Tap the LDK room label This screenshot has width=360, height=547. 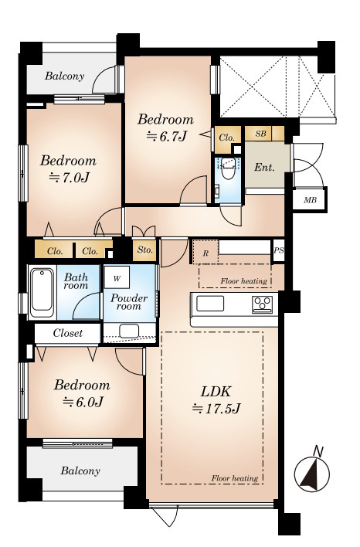(216, 392)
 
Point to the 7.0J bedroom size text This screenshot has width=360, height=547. (69, 178)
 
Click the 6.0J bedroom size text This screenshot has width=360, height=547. (83, 403)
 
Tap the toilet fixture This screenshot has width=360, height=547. (228, 168)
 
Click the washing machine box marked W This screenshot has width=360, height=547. (117, 278)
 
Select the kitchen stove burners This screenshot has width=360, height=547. (263, 304)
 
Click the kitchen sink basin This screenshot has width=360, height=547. (210, 304)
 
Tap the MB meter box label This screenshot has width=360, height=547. (310, 200)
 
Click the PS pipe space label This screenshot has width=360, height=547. (279, 250)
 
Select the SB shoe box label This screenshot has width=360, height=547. (260, 134)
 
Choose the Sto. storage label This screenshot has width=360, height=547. (144, 250)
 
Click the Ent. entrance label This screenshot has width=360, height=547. (264, 167)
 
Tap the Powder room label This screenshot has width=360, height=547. (129, 302)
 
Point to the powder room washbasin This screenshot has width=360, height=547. (129, 331)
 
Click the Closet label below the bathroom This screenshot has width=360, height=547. (68, 333)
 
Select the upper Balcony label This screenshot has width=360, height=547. (65, 76)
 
